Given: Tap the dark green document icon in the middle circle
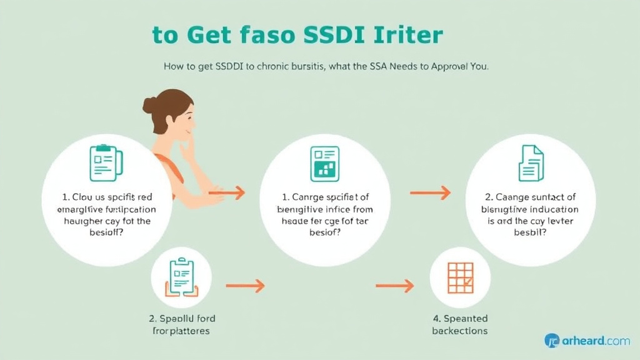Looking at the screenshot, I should [x=324, y=163].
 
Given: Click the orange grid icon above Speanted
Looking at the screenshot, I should [x=460, y=277].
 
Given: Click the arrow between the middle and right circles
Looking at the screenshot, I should [x=430, y=193].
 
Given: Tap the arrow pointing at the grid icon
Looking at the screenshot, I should [x=394, y=286].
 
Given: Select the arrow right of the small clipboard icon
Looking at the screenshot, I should [x=245, y=286].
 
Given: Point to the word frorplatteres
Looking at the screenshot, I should [x=181, y=331].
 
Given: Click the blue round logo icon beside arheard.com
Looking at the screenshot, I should [x=552, y=341].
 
